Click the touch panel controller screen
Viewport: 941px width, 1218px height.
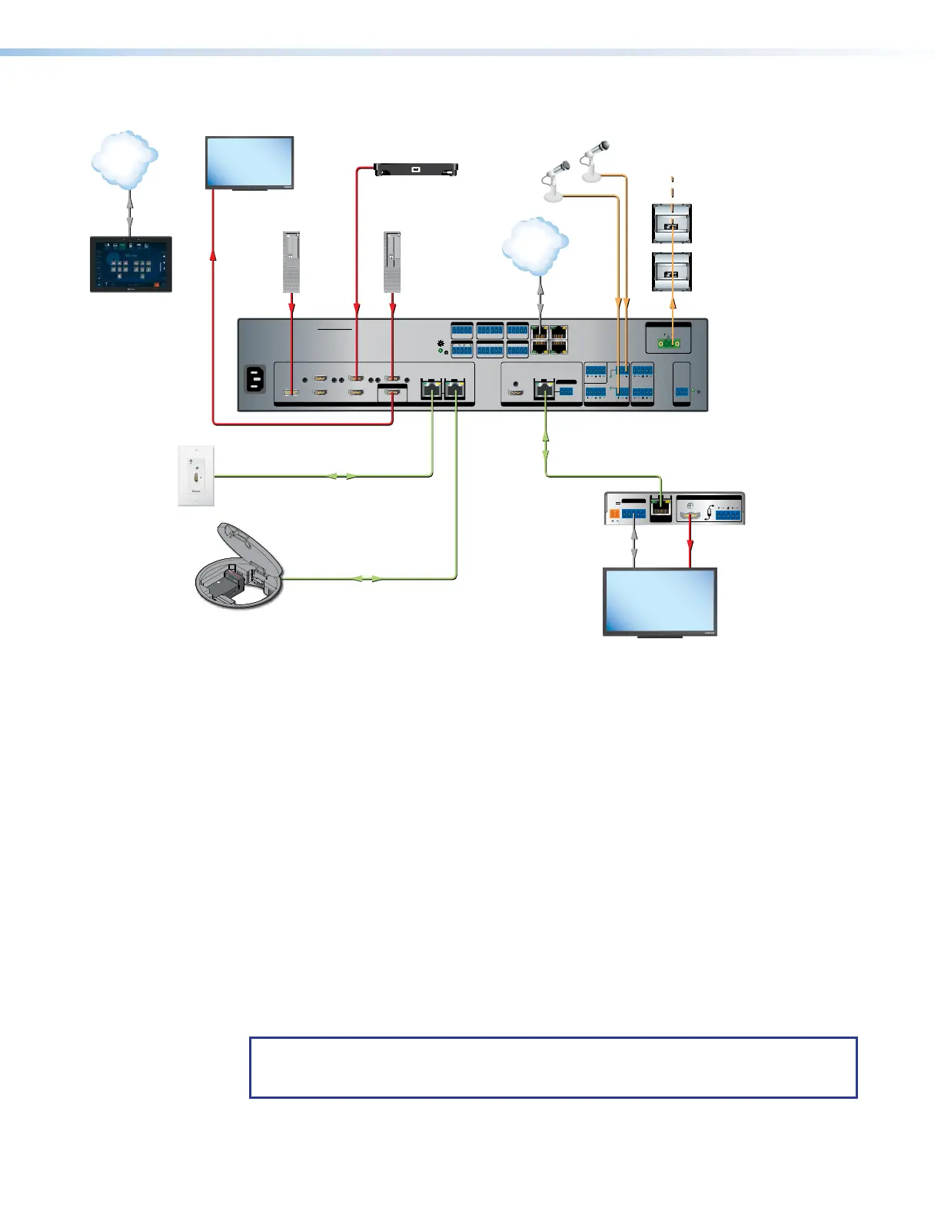[131, 264]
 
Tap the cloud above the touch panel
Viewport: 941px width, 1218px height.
[125, 159]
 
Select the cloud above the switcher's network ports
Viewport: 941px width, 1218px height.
[535, 246]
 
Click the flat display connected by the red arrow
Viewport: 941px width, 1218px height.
[249, 162]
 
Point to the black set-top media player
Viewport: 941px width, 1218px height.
[415, 168]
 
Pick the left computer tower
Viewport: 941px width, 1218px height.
[291, 262]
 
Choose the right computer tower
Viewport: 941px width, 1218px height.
[392, 262]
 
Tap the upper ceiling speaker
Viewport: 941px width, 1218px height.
[672, 224]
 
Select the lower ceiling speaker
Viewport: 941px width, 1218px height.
[672, 272]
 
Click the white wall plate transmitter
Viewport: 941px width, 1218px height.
[196, 476]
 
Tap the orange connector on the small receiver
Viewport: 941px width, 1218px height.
[614, 512]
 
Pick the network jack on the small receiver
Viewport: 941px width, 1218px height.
[660, 507]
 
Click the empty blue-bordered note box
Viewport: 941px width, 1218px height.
[553, 1067]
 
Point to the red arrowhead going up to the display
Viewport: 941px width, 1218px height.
[213, 255]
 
